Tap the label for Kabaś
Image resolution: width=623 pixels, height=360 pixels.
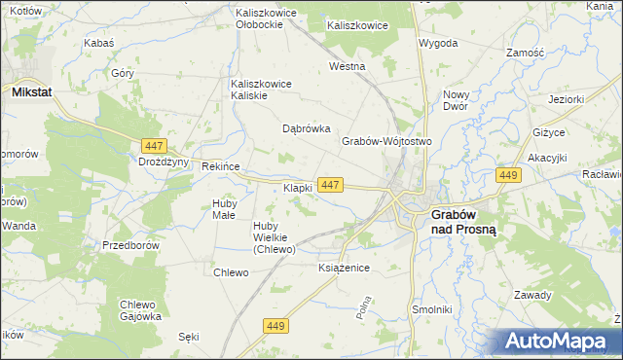point(99,43)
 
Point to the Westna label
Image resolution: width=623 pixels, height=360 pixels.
point(347,67)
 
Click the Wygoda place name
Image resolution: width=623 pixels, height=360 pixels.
point(437,44)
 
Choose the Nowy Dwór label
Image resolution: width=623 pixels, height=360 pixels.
point(457,101)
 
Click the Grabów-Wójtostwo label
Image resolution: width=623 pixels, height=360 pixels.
point(385,141)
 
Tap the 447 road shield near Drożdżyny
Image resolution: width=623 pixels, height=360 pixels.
point(152,145)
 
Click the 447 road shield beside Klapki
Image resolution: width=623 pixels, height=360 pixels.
point(330,185)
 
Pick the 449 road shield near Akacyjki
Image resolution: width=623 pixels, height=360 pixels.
point(507,174)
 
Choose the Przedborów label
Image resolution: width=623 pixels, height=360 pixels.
point(130,246)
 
